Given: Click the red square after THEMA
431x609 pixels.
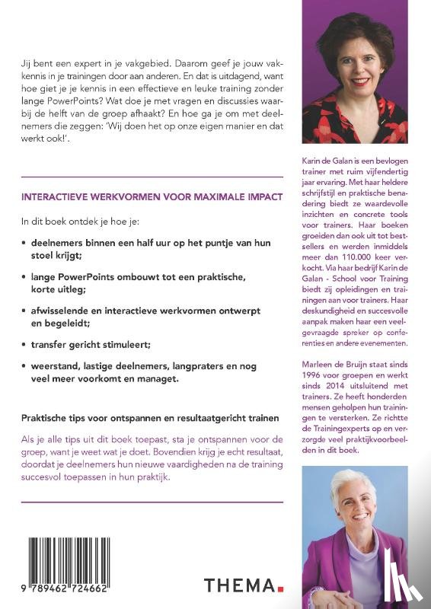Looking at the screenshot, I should pos(279,589).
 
